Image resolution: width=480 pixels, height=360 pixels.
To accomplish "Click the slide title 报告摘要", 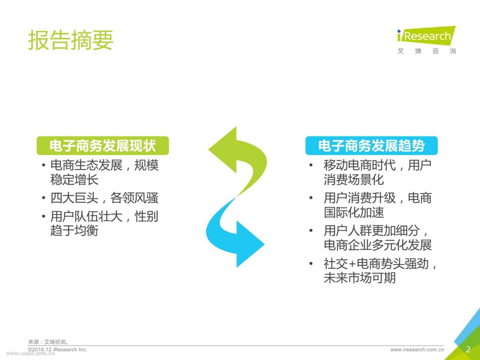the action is (70, 40).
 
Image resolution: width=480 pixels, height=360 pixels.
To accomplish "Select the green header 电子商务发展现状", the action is (103, 145).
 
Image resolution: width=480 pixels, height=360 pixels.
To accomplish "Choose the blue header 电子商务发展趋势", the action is (372, 145).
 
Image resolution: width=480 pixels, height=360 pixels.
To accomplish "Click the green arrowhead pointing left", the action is (223, 150).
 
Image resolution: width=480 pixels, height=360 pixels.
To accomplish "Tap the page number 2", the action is (468, 349).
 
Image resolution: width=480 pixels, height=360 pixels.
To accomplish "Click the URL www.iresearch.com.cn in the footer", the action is (417, 350).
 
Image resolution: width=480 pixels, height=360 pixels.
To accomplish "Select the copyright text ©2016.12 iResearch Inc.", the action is (58, 349).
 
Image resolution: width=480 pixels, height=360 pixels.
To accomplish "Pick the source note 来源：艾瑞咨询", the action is (48, 342).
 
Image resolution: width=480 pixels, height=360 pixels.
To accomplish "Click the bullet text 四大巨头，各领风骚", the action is (104, 198).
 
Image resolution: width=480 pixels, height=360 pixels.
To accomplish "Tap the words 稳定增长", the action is (74, 180).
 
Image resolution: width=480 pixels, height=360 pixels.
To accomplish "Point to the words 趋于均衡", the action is (74, 230).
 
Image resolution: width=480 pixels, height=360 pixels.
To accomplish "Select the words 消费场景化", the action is (354, 180).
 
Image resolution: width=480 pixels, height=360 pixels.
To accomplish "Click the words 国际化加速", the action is (354, 212).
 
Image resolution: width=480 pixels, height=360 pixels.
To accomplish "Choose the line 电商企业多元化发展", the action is (378, 245).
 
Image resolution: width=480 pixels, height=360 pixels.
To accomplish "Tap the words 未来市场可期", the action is (360, 278).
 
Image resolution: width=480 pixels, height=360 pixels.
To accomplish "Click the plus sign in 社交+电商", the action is (352, 264).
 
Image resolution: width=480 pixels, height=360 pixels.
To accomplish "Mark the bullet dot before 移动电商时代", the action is (311, 165).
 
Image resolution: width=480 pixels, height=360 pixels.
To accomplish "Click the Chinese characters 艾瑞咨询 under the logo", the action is (427, 51).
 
